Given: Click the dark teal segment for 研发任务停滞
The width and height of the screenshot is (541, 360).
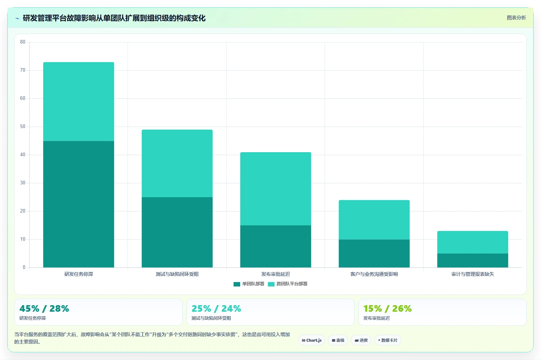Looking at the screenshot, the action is pos(79,204).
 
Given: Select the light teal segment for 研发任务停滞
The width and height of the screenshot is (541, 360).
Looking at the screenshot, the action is pos(79,102).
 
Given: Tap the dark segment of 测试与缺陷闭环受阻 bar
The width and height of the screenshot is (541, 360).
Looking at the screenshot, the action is pos(177,232).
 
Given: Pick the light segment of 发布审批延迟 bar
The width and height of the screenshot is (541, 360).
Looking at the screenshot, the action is pos(276,189).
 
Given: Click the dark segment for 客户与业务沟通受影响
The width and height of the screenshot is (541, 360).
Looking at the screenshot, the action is pos(374,254).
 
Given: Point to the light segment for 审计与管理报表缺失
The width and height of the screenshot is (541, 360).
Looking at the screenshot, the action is pos(473,242).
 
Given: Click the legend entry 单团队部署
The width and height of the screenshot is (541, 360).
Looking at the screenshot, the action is pos(249,284).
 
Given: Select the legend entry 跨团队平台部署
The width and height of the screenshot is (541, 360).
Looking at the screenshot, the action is pos(288,284).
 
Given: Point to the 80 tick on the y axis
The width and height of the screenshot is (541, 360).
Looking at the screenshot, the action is pos(23,42).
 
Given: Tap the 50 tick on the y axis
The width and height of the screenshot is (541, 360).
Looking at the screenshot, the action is pos(23,127).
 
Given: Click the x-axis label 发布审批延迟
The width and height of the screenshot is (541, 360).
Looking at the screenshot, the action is pos(276,274).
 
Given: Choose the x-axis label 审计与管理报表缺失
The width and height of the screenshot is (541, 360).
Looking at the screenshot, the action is pos(473,274).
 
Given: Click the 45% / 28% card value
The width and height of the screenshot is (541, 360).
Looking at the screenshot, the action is pos(44,308).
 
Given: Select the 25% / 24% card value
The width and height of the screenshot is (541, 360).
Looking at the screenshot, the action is pos(216,308).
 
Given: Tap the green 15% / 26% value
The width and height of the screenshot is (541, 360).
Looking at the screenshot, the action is pos(387,308).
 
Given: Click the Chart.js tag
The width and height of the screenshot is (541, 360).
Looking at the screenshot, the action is pos(311,340).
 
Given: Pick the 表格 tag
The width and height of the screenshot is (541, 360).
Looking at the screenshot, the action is pos(338,340).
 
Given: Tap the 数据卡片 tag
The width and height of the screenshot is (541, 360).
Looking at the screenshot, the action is pos(387,340).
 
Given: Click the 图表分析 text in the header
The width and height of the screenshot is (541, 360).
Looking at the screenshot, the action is pos(516,18).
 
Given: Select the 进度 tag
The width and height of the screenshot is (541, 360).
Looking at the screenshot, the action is pos(361,340).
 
